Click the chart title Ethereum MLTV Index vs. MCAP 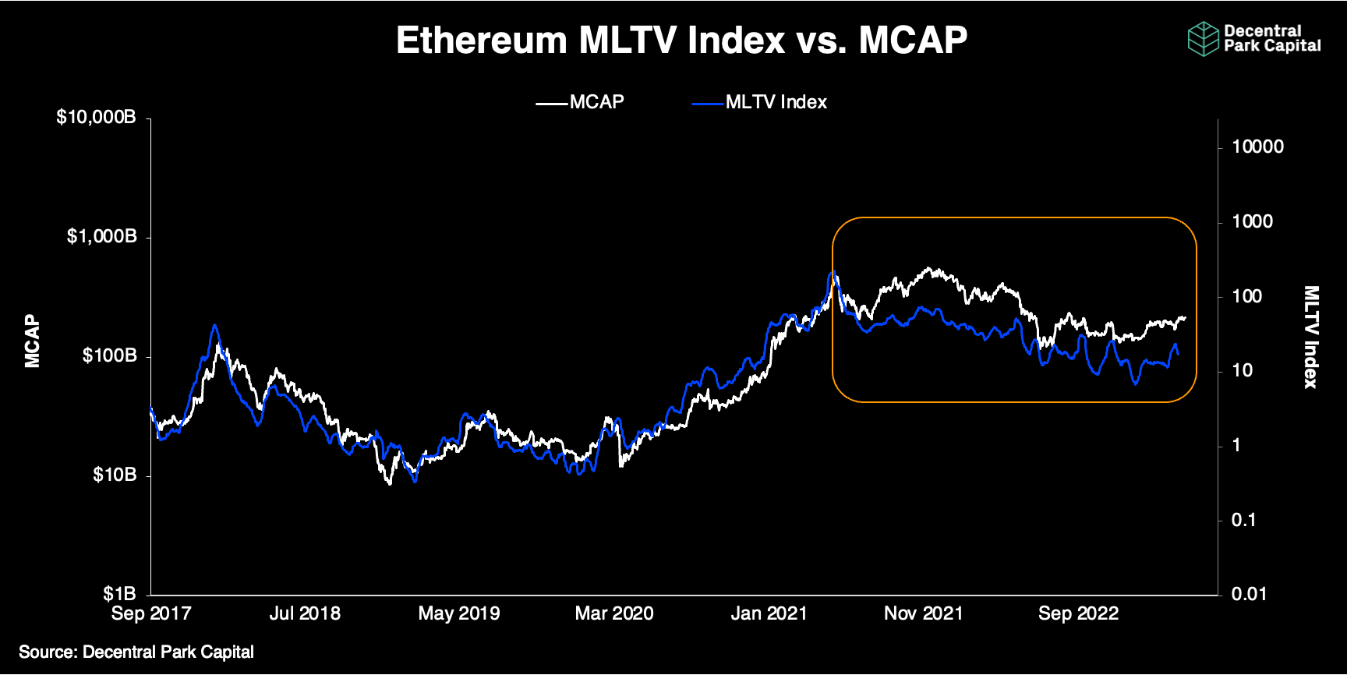pos(681,41)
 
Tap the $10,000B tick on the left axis pos(96,117)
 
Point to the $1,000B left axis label pos(101,236)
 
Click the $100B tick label pos(109,355)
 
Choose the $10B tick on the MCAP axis pos(115,475)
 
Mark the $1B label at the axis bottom pos(119,594)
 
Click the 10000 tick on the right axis pos(1257,147)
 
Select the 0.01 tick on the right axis pos(1249,594)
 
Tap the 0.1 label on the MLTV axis pos(1243,520)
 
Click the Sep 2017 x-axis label pos(151,613)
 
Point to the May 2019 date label pos(459,613)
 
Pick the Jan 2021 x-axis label pos(769,613)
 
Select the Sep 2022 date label pos(1078,613)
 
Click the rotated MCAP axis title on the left pos(32,341)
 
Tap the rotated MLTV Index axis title pos(1311,337)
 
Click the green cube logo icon pos(1203,39)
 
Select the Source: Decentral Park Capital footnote pos(136,652)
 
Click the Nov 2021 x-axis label pos(923,613)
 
